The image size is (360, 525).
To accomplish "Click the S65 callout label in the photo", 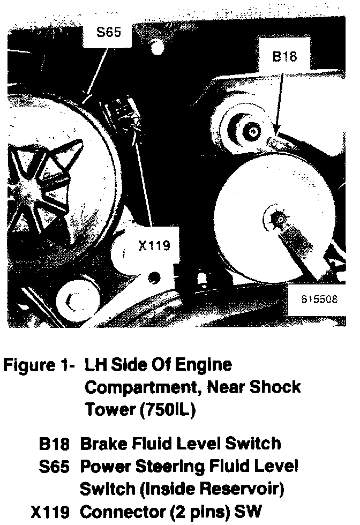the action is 109,32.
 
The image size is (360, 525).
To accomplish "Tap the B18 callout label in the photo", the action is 284,57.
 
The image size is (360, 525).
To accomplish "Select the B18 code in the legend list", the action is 54,444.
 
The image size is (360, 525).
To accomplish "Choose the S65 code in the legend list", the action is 54,467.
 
